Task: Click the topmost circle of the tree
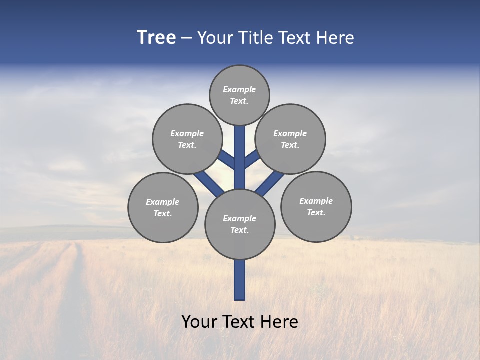pyautogui.click(x=239, y=95)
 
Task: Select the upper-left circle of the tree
pyautogui.click(x=187, y=139)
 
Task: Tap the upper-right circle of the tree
pyautogui.click(x=290, y=139)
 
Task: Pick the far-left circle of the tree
pyautogui.click(x=163, y=207)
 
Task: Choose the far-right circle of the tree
pyautogui.click(x=316, y=206)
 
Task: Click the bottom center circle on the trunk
pyautogui.click(x=240, y=224)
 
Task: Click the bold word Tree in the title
pyautogui.click(x=156, y=38)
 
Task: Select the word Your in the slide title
pyautogui.click(x=214, y=38)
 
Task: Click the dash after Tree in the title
pyautogui.click(x=186, y=38)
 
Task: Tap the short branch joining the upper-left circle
pyautogui.click(x=226, y=159)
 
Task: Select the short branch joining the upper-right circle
pyautogui.click(x=252, y=159)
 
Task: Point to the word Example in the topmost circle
pyautogui.click(x=239, y=89)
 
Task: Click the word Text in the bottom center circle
pyautogui.click(x=239, y=230)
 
